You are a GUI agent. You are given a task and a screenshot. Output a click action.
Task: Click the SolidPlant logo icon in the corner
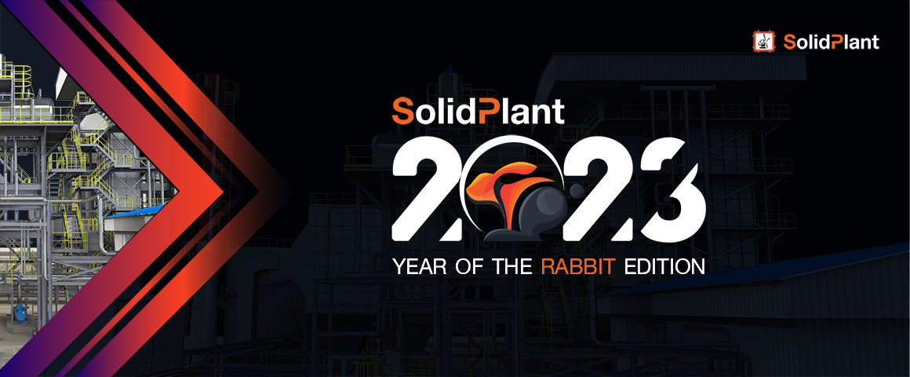click(764, 42)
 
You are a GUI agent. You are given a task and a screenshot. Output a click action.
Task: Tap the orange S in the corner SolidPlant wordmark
click(789, 42)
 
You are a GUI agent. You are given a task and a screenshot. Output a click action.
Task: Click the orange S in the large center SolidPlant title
click(402, 111)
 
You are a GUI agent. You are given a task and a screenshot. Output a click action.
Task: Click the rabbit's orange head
click(491, 186)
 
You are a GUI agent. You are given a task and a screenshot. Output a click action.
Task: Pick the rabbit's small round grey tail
click(574, 189)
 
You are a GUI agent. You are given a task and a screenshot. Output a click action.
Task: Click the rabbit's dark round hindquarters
click(543, 209)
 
